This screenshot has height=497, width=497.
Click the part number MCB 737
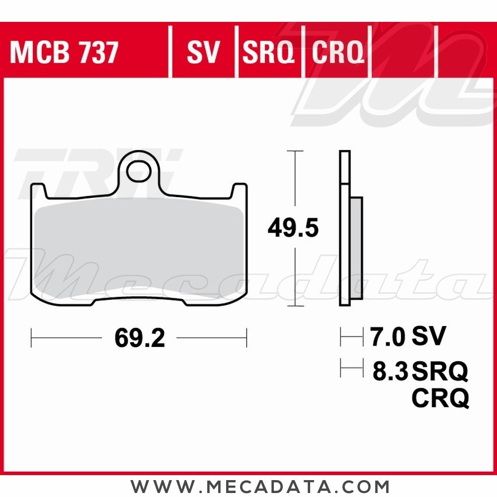click(x=64, y=53)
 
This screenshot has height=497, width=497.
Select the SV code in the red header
click(x=203, y=53)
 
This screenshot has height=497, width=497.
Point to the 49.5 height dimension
click(x=293, y=228)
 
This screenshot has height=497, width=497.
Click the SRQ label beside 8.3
click(x=440, y=371)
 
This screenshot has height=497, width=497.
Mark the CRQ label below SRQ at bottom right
click(x=440, y=398)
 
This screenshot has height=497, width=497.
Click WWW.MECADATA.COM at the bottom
click(x=260, y=486)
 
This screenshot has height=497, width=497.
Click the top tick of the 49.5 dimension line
click(x=295, y=151)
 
